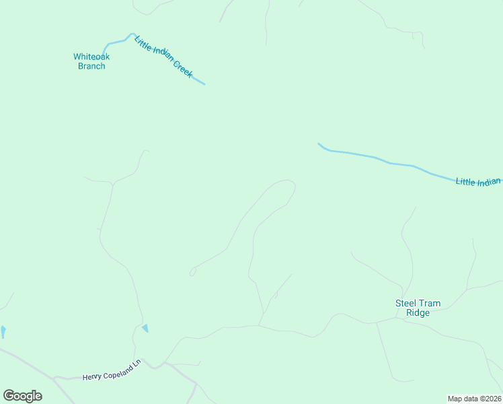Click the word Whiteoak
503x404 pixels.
[x=91, y=57]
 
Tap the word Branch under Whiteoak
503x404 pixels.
[x=91, y=66]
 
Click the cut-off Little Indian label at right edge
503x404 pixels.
[x=478, y=182]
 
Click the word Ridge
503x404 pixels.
[x=418, y=312]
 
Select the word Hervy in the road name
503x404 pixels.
[x=92, y=378]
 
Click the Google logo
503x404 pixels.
[x=22, y=395]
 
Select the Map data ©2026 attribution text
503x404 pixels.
[x=474, y=399]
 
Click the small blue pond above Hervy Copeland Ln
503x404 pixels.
[x=145, y=328]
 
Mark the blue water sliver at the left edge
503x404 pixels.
[x=3, y=331]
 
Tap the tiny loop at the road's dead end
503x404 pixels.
[x=192, y=272]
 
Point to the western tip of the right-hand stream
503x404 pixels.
[x=319, y=143]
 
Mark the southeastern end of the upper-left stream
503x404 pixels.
[x=204, y=84]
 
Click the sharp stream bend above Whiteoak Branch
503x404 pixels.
[x=131, y=34]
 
